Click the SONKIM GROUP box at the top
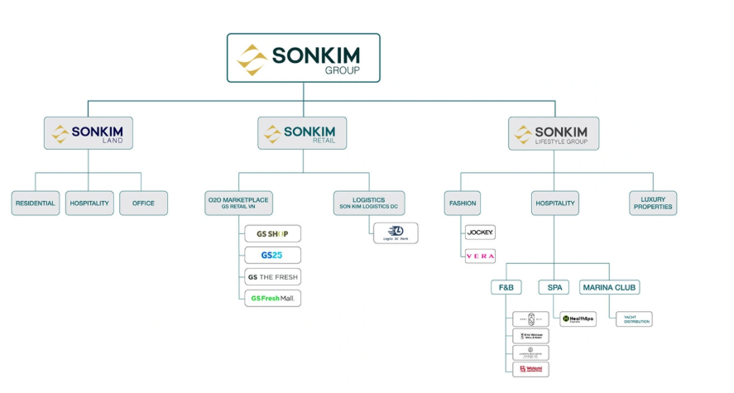coord(303,58)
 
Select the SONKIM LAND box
coord(89,133)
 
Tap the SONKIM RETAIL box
coord(302,133)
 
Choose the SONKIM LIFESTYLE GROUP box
coord(553,133)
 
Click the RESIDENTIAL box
coord(35,204)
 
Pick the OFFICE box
coord(143,204)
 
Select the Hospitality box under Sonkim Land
coord(89,204)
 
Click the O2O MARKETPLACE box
coord(239,203)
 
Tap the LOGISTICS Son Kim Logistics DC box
coord(368,203)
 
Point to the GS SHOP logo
coord(272,233)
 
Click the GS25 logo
coord(272,255)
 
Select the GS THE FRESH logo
coord(272,276)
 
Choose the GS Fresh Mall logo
coord(272,298)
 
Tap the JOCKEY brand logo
coord(480,232)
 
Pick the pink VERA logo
coord(480,256)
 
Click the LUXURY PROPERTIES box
coord(653,204)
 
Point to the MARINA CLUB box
coord(609,287)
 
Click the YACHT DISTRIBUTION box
coord(634,319)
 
